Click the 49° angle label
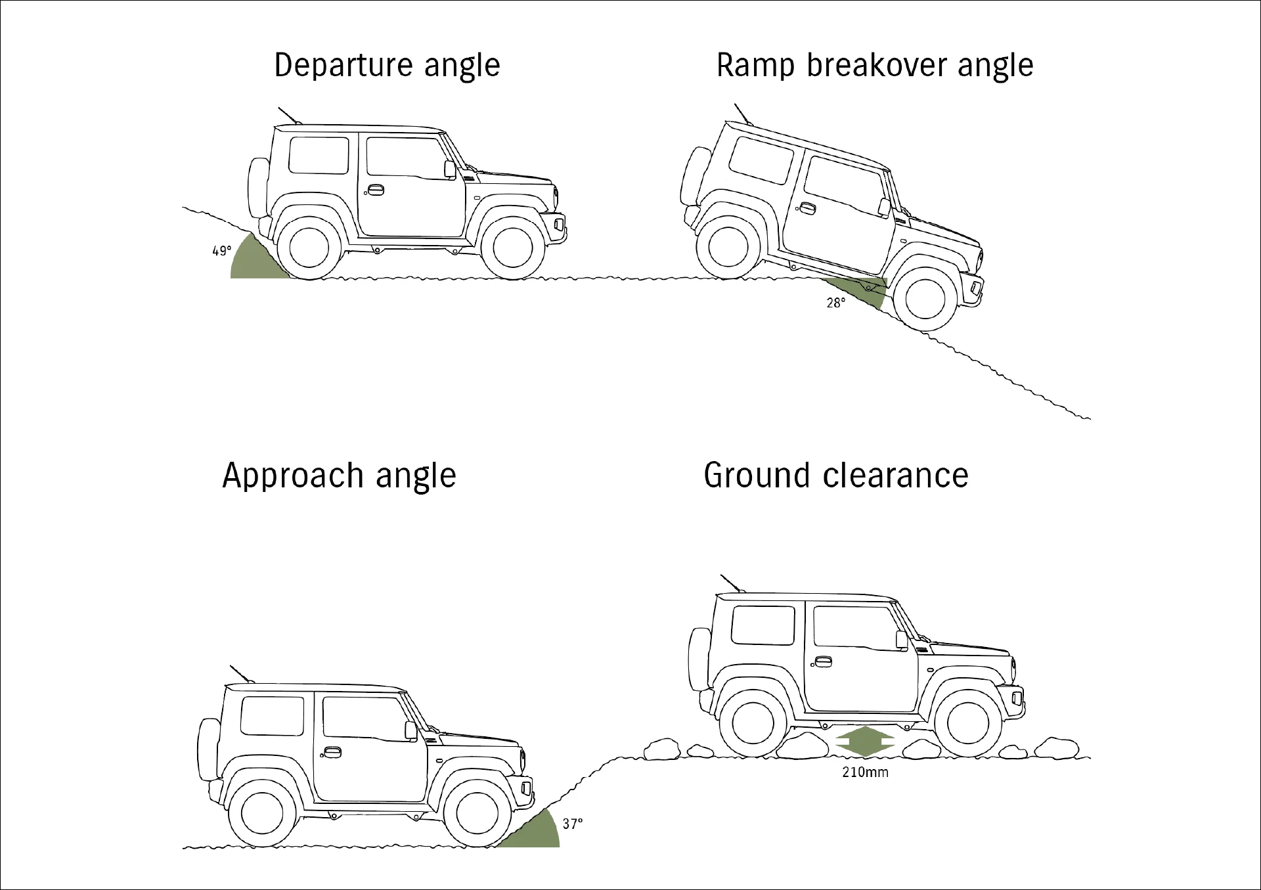[221, 251]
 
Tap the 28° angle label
[836, 303]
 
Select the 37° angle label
[573, 824]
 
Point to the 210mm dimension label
[865, 772]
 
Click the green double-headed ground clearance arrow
[865, 743]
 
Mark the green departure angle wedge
[253, 259]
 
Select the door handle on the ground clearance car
[822, 662]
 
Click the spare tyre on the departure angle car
[257, 187]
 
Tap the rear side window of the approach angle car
[273, 715]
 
